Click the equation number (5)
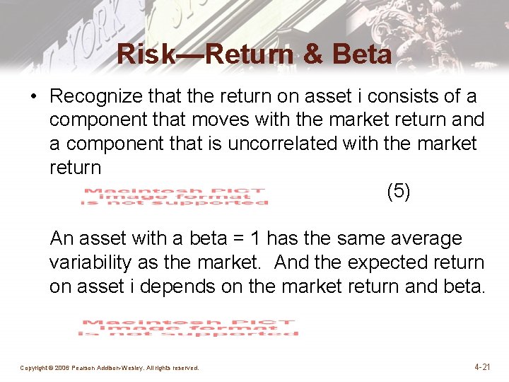point(398,191)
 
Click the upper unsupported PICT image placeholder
point(175,196)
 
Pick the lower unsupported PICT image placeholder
point(188,328)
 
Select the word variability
point(90,263)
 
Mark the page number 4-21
point(482,367)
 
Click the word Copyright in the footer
point(33,368)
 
